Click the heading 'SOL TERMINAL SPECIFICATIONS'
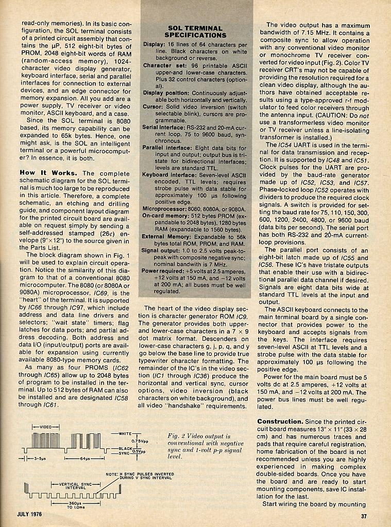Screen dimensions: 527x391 tap(195, 31)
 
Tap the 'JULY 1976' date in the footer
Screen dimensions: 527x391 tap(29, 514)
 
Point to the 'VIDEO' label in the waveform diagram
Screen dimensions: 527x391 tap(45, 427)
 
